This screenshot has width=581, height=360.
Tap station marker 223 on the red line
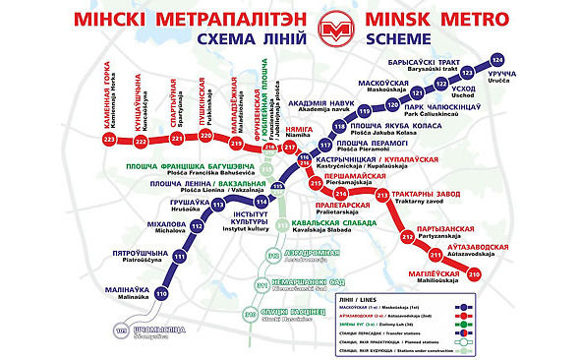[x=109, y=141]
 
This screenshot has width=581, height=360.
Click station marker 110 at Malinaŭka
[x=160, y=293]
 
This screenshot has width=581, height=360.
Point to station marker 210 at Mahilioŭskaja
[x=473, y=274]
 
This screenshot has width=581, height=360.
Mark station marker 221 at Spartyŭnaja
[x=177, y=141]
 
